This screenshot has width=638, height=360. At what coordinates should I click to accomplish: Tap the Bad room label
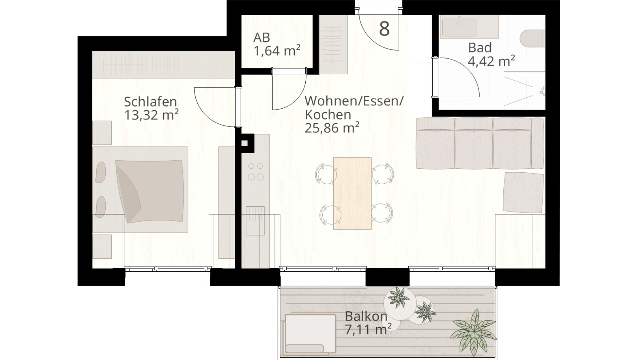point(479,48)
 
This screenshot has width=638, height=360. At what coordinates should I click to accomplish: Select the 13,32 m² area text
point(151,115)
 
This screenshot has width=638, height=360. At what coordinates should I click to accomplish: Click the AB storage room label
point(262,38)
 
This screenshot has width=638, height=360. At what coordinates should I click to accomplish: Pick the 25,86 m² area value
point(332,128)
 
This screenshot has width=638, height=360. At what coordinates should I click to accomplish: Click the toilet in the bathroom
point(532,39)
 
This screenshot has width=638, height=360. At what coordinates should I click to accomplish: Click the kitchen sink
point(255,221)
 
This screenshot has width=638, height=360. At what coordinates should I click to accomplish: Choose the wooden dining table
point(352,193)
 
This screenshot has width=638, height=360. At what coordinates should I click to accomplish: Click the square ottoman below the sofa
point(523,192)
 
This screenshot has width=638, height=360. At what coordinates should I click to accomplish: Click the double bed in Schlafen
point(140,190)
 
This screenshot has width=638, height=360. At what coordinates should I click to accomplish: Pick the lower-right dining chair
point(382,213)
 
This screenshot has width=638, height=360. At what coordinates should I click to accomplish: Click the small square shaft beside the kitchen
point(245,143)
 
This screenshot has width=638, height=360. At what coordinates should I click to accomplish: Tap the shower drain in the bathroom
point(543,91)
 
